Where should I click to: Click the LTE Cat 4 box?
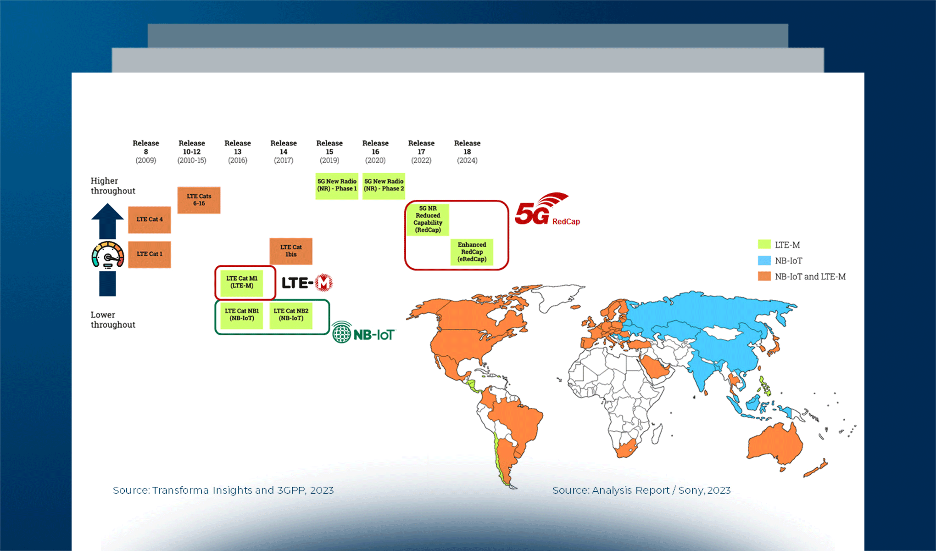(x=150, y=219)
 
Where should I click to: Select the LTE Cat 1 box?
(x=150, y=254)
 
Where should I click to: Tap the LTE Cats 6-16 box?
(x=199, y=200)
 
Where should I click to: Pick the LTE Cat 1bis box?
(x=291, y=251)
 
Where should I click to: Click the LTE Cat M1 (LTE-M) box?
(x=242, y=282)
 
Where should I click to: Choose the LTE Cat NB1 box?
(x=242, y=315)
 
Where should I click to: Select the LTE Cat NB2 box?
(x=291, y=315)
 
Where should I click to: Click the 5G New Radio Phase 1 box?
(x=337, y=186)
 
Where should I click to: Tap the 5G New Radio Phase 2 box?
(x=384, y=186)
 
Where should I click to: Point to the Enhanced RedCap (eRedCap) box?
(x=472, y=252)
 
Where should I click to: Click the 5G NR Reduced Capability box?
(x=428, y=219)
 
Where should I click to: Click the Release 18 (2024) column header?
(x=467, y=152)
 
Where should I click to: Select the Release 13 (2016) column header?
(x=238, y=152)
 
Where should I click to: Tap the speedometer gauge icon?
(x=108, y=255)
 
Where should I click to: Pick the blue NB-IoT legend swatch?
(x=764, y=261)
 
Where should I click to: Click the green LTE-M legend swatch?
(x=764, y=244)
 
